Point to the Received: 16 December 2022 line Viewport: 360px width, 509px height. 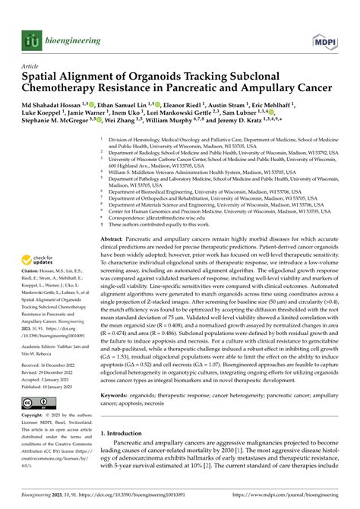[52, 362]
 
